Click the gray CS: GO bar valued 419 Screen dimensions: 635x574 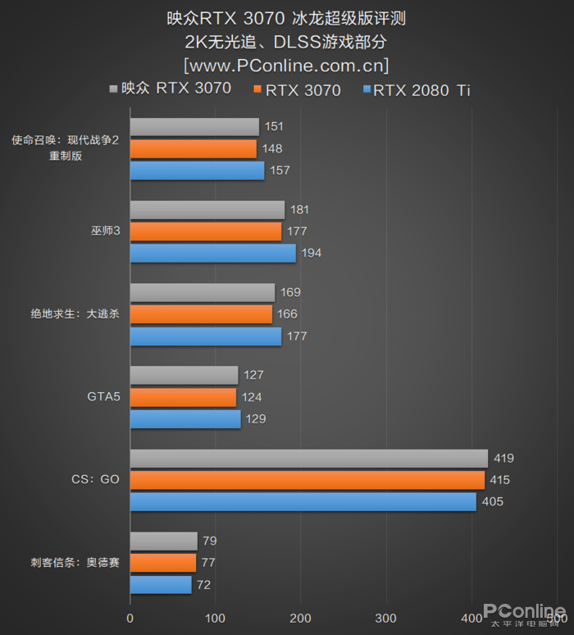point(308,458)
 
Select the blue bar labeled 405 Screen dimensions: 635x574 point(303,501)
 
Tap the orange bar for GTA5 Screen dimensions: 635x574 point(183,397)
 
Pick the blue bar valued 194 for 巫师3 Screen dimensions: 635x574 point(212,253)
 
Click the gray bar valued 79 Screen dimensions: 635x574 point(163,541)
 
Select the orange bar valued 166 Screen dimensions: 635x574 point(201,313)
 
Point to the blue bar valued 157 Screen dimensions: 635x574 point(197,170)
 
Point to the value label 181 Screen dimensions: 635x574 point(299,209)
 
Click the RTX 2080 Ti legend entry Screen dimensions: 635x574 point(417,90)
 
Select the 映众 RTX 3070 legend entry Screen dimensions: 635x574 point(170,89)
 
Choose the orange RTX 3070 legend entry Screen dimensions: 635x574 point(298,90)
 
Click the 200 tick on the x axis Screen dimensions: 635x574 point(300,618)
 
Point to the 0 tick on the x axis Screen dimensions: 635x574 point(130,618)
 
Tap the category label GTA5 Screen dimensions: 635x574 point(103,397)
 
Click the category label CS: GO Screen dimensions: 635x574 point(95,479)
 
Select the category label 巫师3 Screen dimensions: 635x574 point(106,231)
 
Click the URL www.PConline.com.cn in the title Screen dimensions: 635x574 point(286,64)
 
